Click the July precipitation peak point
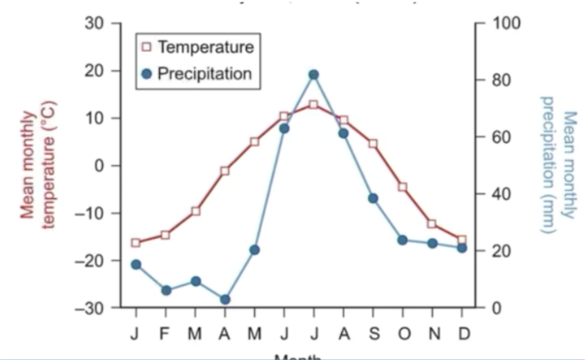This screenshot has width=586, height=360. point(313,74)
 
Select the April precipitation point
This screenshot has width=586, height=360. point(225,299)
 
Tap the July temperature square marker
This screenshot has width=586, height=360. point(313,105)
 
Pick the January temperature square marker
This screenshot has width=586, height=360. point(136,243)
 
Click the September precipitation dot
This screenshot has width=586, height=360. point(373,198)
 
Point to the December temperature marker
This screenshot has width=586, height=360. point(461,239)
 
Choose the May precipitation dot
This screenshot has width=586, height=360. point(254,250)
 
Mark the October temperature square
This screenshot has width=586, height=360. point(403,187)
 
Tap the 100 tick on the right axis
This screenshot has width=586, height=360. point(507,23)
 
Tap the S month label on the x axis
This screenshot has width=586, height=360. point(373,334)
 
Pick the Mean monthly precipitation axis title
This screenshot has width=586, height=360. point(558,165)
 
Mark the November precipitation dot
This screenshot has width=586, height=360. point(432,243)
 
